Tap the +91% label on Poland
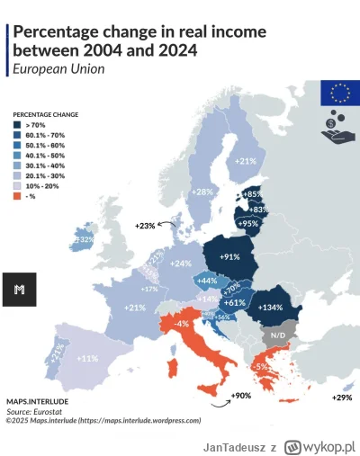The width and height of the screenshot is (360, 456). click(x=229, y=257)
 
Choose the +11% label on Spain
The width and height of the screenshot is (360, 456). click(x=88, y=358)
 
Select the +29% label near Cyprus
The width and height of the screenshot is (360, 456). click(x=341, y=397)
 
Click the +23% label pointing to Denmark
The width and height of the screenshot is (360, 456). click(x=145, y=226)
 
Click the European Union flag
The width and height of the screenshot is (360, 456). click(x=340, y=92)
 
